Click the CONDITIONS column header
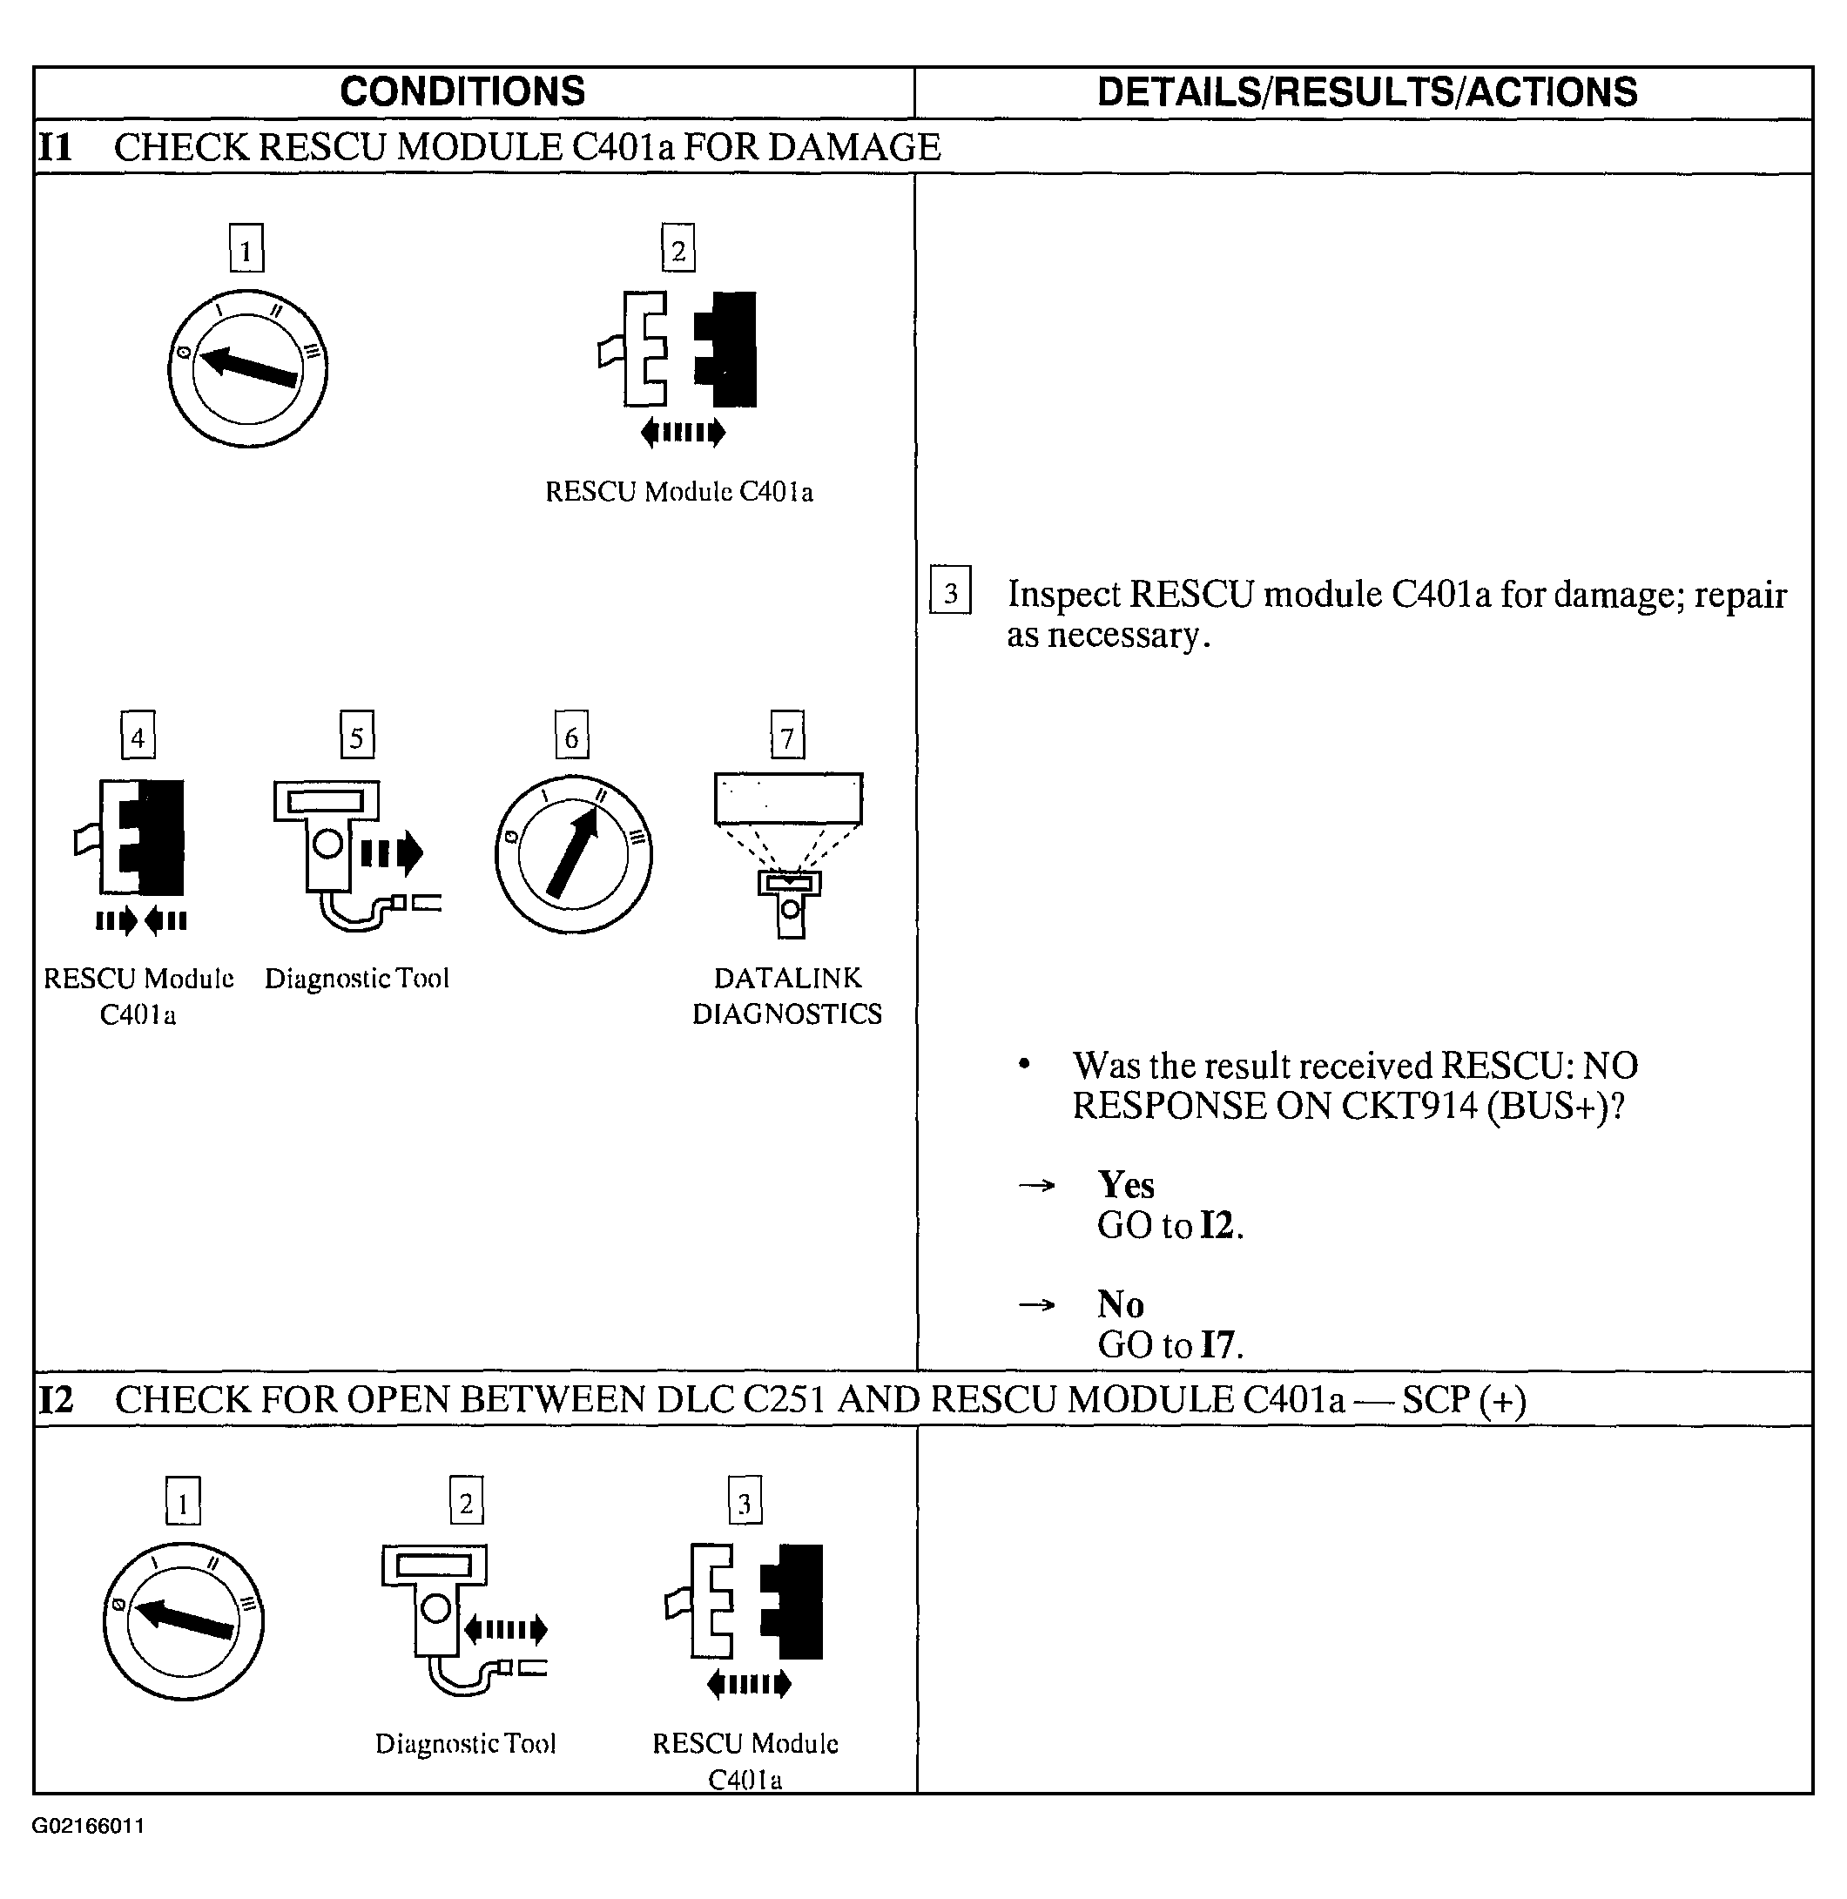(x=462, y=92)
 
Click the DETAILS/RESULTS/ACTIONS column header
(x=1367, y=92)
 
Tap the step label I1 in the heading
(x=55, y=147)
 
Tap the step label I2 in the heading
(x=55, y=1399)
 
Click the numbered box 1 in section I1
(x=246, y=248)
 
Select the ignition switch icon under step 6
(x=573, y=854)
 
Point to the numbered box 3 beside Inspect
(x=950, y=590)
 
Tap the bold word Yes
(x=1125, y=1185)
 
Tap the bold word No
(x=1121, y=1304)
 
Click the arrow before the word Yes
(x=1036, y=1186)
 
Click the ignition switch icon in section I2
(x=184, y=1620)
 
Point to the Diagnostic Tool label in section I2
(x=466, y=1744)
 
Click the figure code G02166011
(x=88, y=1826)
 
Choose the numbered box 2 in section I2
(x=467, y=1501)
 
